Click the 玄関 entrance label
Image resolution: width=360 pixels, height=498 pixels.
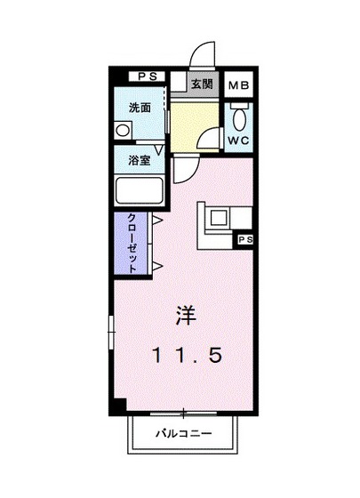click(201, 84)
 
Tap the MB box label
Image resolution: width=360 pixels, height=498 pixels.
click(236, 86)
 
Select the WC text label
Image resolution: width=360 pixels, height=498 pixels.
click(237, 140)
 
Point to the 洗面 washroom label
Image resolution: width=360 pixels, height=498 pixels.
click(139, 108)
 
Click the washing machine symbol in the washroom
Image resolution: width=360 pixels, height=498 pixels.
click(122, 130)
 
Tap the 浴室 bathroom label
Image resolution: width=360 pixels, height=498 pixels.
click(139, 161)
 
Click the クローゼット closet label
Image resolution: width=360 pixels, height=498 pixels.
click(131, 243)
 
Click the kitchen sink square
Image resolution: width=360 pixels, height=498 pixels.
click(219, 216)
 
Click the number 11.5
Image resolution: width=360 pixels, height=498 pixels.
click(185, 354)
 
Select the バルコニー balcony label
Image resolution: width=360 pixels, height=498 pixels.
click(180, 435)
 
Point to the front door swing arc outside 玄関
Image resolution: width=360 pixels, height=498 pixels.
click(204, 53)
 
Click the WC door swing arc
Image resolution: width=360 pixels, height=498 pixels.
click(211, 140)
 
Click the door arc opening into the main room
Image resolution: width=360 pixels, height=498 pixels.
click(183, 168)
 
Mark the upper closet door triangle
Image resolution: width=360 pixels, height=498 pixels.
click(156, 220)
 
